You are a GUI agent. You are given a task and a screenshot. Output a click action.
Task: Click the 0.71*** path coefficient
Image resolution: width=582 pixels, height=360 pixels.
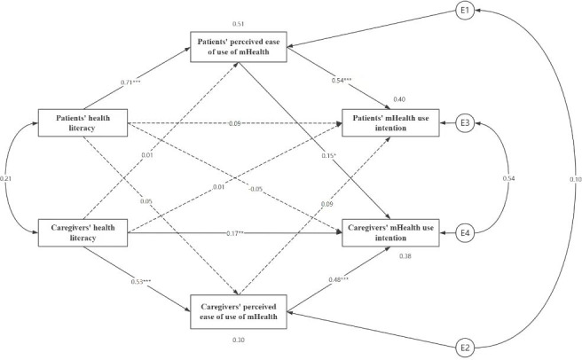[130, 82]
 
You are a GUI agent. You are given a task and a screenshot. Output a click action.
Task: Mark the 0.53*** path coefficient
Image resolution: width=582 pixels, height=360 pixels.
[141, 282]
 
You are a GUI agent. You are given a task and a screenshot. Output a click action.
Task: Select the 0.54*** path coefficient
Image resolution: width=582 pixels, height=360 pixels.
[342, 80]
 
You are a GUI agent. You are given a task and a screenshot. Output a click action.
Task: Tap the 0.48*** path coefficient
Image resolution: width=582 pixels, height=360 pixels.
[338, 279]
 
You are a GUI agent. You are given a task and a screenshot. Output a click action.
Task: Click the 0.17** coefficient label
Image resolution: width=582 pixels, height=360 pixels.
[234, 233]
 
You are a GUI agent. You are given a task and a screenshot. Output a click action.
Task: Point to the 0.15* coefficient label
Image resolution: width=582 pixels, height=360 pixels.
[329, 156]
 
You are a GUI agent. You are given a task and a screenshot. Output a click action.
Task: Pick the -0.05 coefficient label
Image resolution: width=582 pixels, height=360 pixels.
[256, 189]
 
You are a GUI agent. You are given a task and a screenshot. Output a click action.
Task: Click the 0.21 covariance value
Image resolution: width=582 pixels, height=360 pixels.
[5, 179]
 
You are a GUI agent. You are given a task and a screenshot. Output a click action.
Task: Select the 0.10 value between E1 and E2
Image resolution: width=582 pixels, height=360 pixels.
[576, 180]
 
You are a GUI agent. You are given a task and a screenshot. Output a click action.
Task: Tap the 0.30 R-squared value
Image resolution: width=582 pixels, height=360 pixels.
[239, 340]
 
